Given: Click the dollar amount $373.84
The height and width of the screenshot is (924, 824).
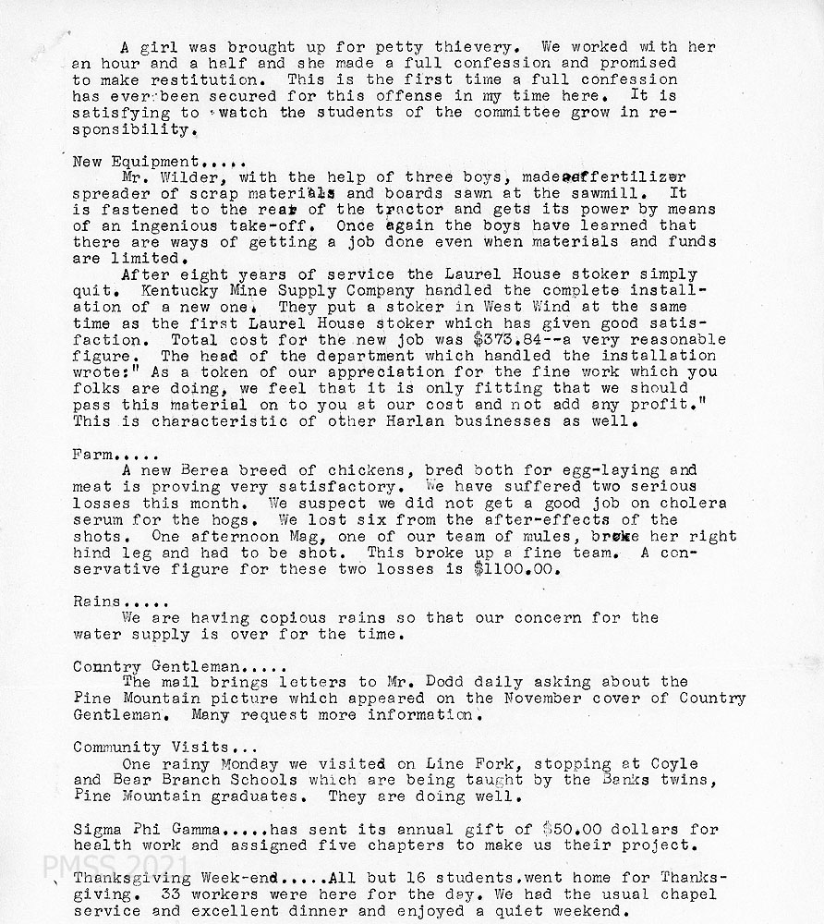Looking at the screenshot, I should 508,339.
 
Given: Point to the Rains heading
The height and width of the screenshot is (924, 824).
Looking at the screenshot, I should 98,602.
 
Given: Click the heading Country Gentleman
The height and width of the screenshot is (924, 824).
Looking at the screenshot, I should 157,666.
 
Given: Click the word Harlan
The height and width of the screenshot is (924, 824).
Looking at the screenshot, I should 400,421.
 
